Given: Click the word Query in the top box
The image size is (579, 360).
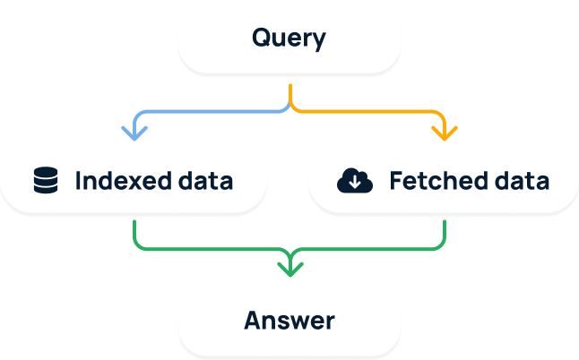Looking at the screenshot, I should [x=289, y=39].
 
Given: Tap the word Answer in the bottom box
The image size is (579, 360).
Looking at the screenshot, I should [x=289, y=321].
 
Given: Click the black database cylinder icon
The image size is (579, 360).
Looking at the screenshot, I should [x=44, y=181].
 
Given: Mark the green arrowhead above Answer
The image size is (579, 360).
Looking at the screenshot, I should [x=289, y=267].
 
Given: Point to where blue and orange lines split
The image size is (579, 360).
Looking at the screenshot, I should [x=289, y=106].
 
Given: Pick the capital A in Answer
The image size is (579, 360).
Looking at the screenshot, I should [x=253, y=321].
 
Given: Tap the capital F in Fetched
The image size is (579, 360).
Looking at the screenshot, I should [x=396, y=181].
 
